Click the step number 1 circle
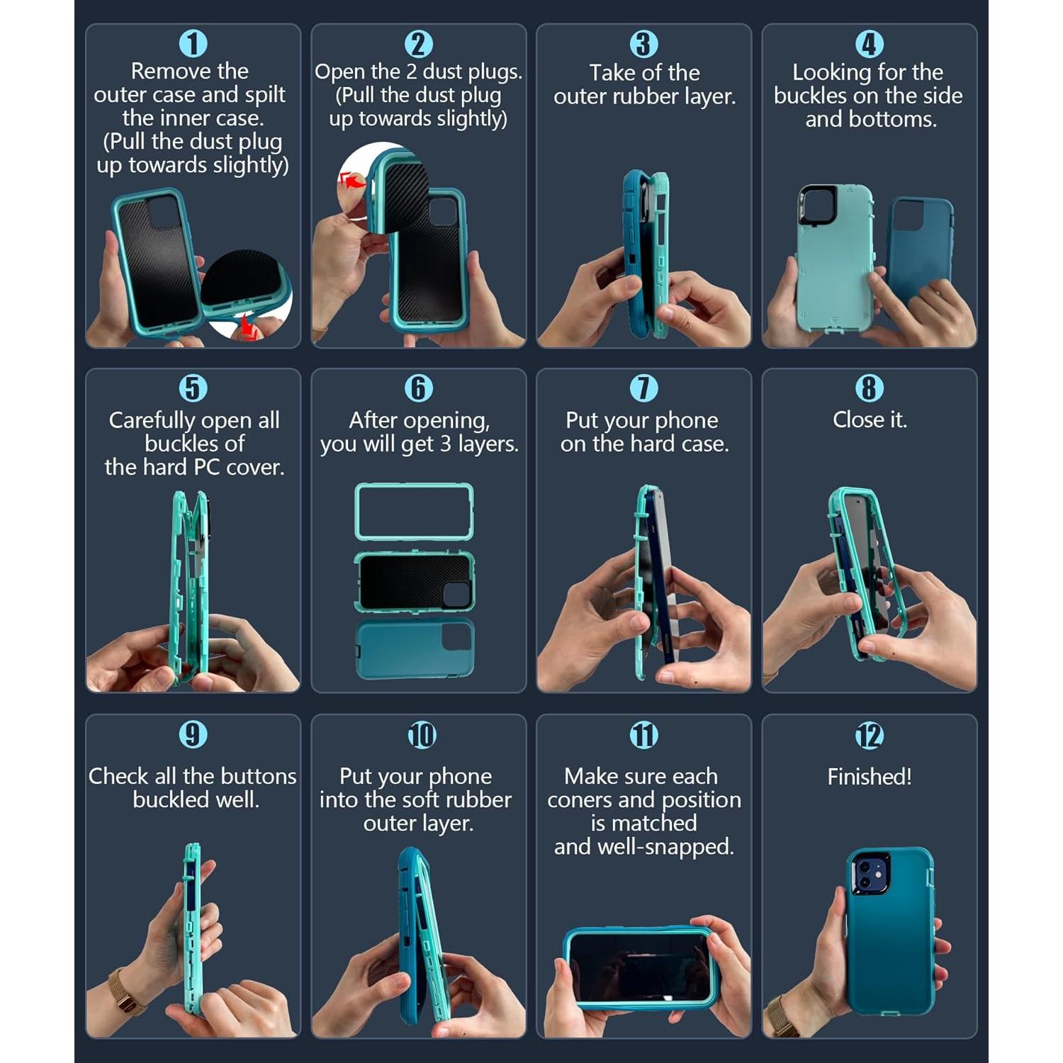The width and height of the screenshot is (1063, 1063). tap(193, 44)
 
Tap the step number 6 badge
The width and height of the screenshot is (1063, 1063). tap(418, 388)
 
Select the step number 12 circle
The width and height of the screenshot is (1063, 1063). tap(869, 736)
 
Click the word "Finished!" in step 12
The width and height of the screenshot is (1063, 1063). tap(869, 777)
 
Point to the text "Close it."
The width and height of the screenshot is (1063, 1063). tap(869, 420)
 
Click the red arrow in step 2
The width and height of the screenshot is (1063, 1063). tap(351, 181)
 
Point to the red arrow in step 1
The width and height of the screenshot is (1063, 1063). tap(247, 327)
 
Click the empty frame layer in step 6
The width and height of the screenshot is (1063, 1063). tap(414, 511)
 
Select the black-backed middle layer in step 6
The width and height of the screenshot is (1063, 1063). tap(414, 582)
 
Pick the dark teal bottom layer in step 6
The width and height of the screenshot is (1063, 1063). tap(414, 649)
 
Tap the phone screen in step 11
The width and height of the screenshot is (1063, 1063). tap(639, 967)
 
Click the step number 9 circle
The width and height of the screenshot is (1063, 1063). tap(193, 734)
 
